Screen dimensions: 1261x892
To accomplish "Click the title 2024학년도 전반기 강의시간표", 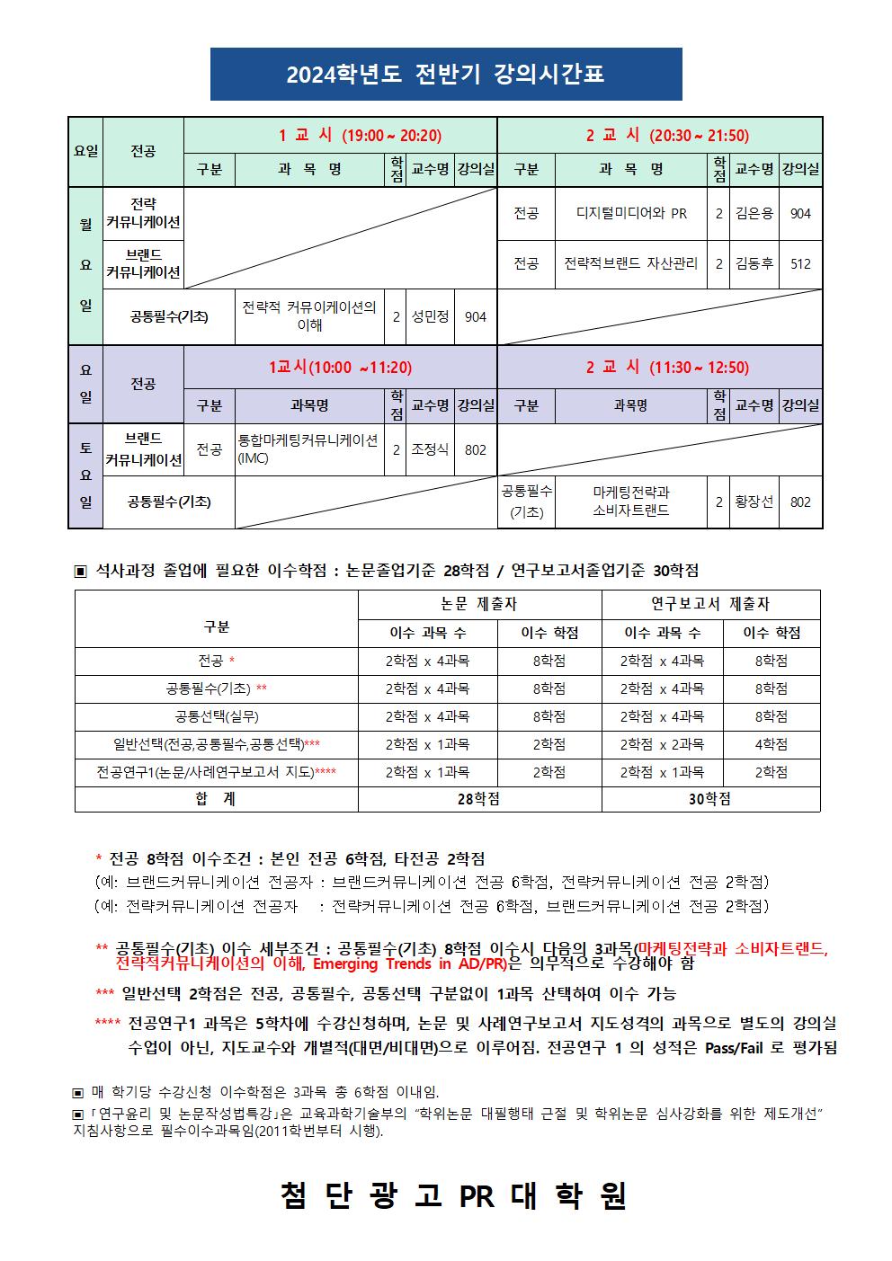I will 445,75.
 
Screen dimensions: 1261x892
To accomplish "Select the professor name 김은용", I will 754,214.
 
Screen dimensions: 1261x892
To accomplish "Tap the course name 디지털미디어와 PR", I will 630,214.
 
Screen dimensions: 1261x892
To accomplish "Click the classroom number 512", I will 800,264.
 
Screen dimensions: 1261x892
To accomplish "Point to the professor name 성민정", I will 430,316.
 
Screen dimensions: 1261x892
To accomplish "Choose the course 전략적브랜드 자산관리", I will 630,264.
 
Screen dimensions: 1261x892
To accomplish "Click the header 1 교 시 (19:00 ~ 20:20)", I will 360,136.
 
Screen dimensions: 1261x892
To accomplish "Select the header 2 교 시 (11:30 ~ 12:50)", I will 667,368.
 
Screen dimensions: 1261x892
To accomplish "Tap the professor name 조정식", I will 430,449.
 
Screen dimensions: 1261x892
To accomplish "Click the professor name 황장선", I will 754,502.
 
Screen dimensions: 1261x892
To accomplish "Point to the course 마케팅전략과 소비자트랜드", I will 630,502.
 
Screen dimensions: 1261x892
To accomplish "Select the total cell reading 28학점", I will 478,799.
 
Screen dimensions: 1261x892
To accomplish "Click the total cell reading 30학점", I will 709,799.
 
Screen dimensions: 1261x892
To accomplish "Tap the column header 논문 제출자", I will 478,605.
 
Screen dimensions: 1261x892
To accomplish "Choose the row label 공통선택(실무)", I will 216,716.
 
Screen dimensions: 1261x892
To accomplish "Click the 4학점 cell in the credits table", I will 771,744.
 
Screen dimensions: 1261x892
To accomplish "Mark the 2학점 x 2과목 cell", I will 662,744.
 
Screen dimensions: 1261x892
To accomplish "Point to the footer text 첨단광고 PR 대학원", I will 452,1196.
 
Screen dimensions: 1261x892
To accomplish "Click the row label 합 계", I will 216,799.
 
